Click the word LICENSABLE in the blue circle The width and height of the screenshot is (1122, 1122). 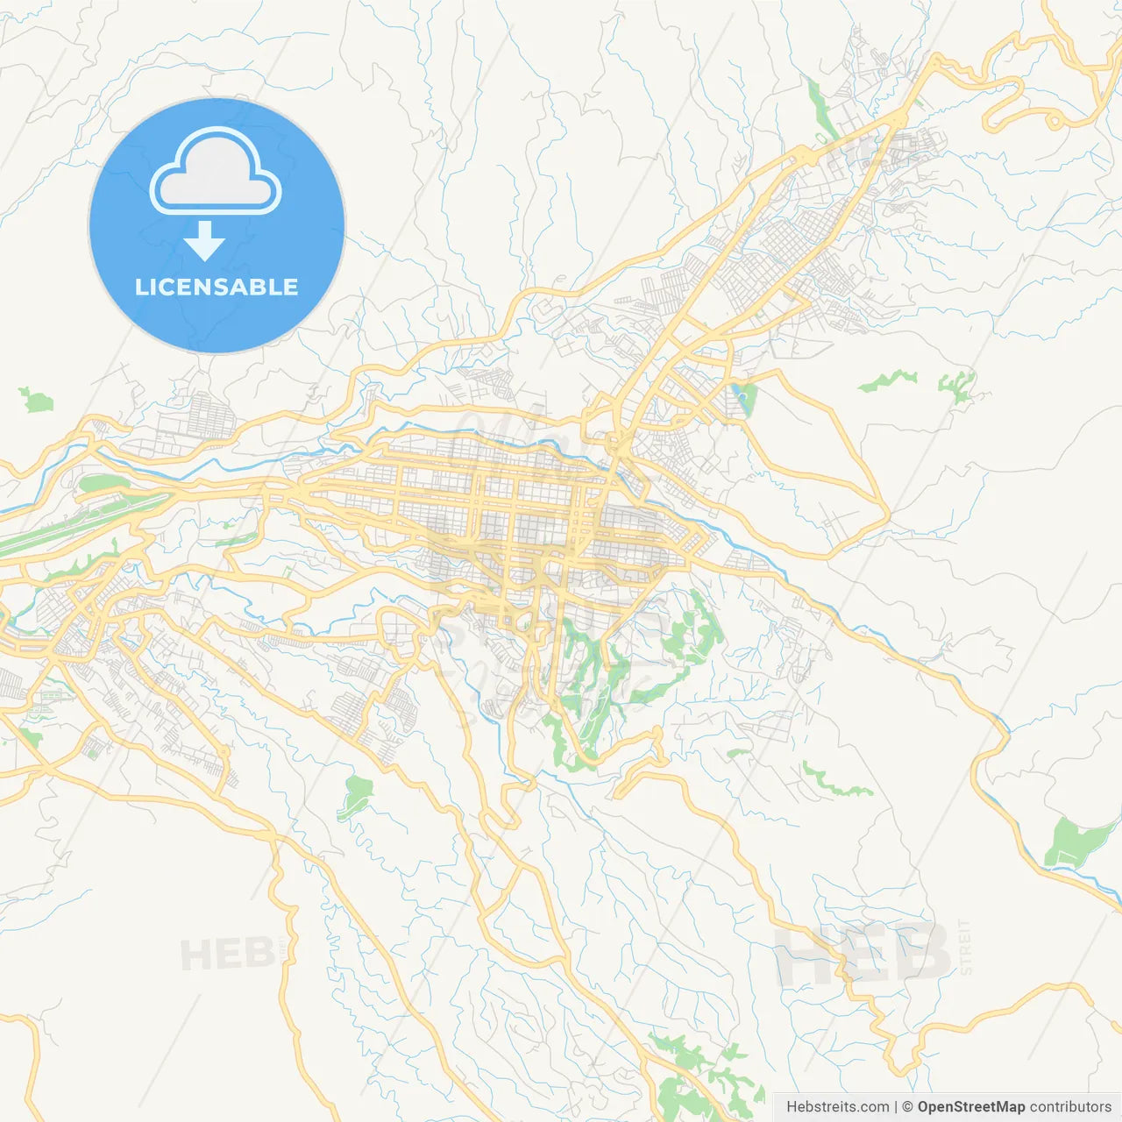tap(217, 288)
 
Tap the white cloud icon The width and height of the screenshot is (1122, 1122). tap(216, 172)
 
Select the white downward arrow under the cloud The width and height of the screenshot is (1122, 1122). tap(204, 241)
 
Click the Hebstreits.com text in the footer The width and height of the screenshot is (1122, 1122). tap(837, 1107)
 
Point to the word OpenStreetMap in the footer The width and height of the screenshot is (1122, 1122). tap(970, 1107)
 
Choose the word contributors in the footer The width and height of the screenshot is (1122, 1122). tap(1070, 1107)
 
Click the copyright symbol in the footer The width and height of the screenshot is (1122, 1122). tap(907, 1107)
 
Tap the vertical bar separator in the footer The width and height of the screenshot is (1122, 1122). tap(896, 1107)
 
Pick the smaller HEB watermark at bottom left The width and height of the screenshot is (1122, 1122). tap(225, 955)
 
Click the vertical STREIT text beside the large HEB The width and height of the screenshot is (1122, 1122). tap(966, 947)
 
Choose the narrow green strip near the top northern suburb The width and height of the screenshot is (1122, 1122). tap(820, 110)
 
